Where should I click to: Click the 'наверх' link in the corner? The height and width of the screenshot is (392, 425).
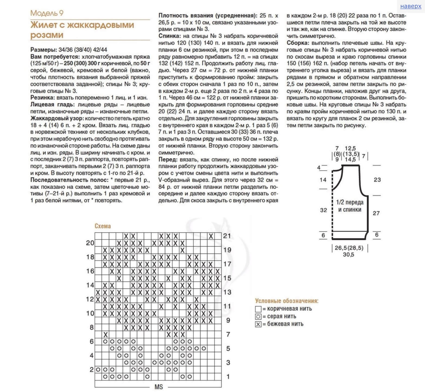click(411, 6)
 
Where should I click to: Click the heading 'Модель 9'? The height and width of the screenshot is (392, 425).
click(47, 13)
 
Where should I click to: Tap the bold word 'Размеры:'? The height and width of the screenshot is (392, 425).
click(44, 50)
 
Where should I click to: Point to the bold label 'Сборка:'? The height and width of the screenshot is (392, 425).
click(298, 43)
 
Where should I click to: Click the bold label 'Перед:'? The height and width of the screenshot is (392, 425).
click(168, 159)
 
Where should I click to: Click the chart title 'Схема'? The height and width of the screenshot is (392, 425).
click(103, 226)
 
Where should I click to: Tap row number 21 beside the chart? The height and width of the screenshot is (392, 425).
click(227, 236)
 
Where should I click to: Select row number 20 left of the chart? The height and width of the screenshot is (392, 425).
click(90, 243)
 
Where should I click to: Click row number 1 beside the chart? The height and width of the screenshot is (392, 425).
click(228, 377)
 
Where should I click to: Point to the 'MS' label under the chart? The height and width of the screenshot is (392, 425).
click(158, 387)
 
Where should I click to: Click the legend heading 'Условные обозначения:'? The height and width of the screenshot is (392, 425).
click(287, 301)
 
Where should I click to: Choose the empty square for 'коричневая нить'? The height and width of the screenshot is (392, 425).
click(258, 309)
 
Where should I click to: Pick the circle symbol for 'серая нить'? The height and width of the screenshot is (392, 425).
click(258, 317)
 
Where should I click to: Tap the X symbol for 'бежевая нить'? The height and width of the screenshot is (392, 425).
click(258, 324)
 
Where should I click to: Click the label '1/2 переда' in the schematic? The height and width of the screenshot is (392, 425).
click(350, 202)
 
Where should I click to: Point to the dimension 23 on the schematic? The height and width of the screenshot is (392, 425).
click(377, 180)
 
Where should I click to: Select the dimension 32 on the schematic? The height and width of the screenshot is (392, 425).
click(323, 210)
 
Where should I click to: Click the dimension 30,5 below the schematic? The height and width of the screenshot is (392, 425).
click(348, 255)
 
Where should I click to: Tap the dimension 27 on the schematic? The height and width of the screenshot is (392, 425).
click(376, 213)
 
